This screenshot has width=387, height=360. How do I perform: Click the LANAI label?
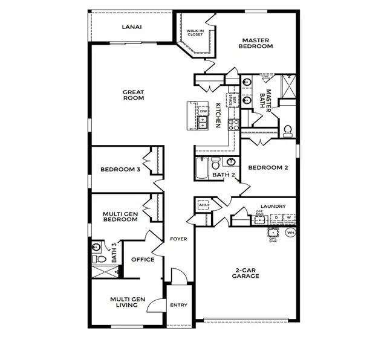pyautogui.click(x=132, y=27)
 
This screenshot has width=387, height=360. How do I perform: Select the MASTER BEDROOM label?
pyautogui.click(x=256, y=43)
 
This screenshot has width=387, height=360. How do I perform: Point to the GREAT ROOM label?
pyautogui.click(x=133, y=95)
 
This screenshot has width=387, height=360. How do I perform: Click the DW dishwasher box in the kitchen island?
pyautogui.click(x=203, y=112)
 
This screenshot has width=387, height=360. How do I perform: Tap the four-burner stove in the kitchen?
pyautogui.click(x=233, y=124)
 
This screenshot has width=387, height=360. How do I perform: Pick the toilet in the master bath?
pyautogui.click(x=288, y=129)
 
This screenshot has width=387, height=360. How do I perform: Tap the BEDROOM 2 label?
pyautogui.click(x=268, y=168)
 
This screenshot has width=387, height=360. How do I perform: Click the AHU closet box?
pyautogui.click(x=203, y=206)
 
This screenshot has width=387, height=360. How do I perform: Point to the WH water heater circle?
pyautogui.click(x=290, y=233)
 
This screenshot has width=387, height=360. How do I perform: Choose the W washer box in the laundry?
pyautogui.click(x=288, y=218)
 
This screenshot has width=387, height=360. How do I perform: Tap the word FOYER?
pyautogui.click(x=178, y=239)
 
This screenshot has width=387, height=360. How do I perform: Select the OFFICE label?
pyautogui.click(x=143, y=260)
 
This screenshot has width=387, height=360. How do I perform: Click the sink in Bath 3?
pyautogui.click(x=96, y=247)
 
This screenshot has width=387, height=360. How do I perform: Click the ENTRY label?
pyautogui.click(x=178, y=305)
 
